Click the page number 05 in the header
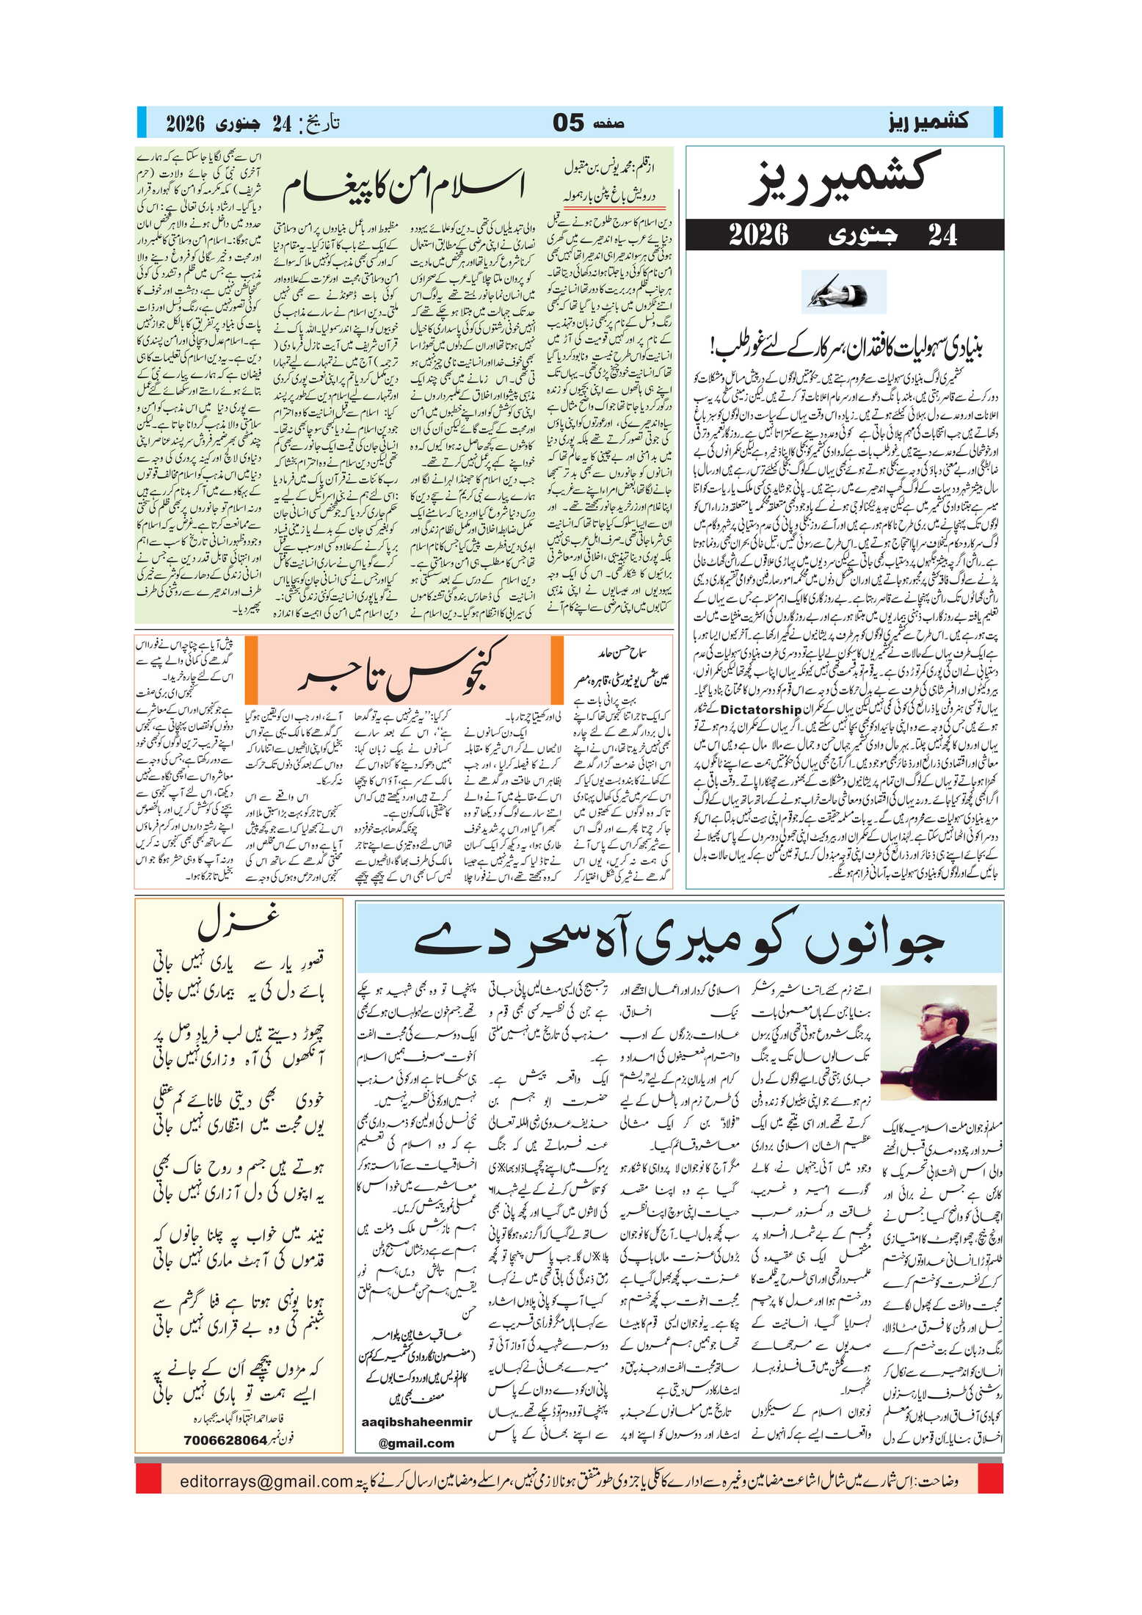click(569, 123)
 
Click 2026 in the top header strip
click(184, 123)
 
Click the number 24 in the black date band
click(942, 235)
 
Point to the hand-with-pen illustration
click(843, 292)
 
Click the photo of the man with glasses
click(937, 1042)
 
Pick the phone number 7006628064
click(225, 1440)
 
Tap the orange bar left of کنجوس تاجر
click(251, 669)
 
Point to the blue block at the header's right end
click(997, 122)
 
